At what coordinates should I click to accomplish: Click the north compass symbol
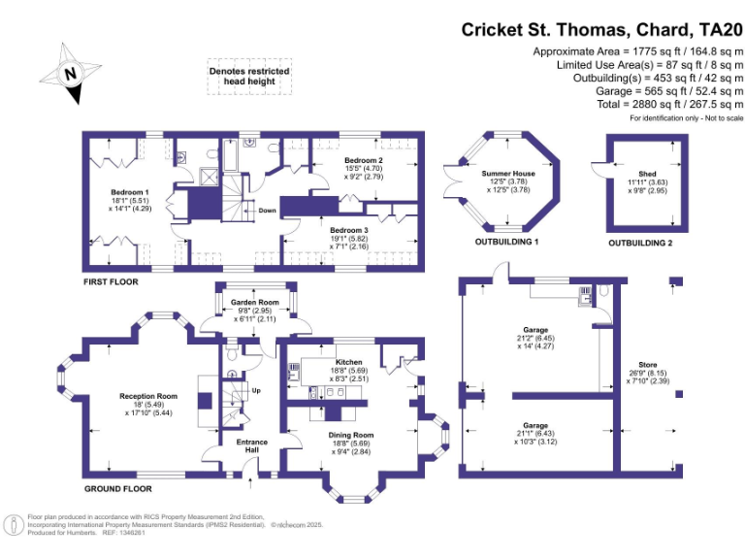tap(68, 72)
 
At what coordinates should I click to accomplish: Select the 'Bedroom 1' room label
tap(129, 192)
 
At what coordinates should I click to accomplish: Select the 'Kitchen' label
tap(347, 362)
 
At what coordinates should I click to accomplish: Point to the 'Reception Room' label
tap(148, 396)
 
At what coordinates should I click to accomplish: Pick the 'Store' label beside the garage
tap(646, 365)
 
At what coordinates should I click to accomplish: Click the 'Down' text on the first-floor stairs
tap(267, 210)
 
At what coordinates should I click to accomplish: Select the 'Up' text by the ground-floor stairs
tap(256, 391)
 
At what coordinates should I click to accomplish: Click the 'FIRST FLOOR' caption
tap(111, 281)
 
